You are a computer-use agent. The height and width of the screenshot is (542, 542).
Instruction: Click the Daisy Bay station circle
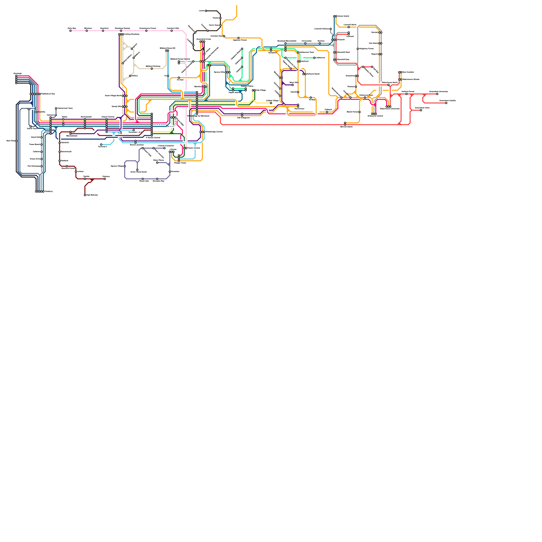(70, 31)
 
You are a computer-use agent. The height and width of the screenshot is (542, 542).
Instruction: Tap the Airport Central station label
(108, 117)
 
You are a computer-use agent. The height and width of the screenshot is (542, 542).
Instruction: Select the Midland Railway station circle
(152, 69)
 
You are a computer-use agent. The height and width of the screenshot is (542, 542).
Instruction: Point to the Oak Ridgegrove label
(243, 118)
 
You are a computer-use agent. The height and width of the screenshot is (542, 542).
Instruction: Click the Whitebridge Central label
(214, 132)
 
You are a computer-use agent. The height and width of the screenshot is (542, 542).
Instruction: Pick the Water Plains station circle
(157, 163)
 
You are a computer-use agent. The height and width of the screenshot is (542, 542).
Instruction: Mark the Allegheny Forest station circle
(358, 49)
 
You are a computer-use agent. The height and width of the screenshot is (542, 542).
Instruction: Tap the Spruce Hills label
(219, 72)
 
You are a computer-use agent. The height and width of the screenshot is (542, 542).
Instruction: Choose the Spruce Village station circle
(125, 166)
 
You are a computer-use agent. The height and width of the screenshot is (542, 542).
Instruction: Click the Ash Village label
(260, 90)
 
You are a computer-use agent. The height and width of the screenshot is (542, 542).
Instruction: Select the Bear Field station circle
(16, 141)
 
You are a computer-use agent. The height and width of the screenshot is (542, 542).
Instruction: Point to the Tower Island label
(343, 16)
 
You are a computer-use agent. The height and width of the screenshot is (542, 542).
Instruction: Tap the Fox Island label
(373, 43)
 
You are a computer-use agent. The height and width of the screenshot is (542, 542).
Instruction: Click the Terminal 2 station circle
(101, 145)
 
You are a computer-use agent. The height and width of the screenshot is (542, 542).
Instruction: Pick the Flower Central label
(193, 148)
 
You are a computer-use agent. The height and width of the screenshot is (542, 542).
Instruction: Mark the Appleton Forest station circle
(238, 38)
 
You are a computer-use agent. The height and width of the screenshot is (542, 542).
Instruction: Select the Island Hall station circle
(42, 137)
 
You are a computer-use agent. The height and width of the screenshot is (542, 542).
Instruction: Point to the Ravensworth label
(86, 117)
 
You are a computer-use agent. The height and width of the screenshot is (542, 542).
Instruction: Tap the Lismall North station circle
(349, 27)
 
